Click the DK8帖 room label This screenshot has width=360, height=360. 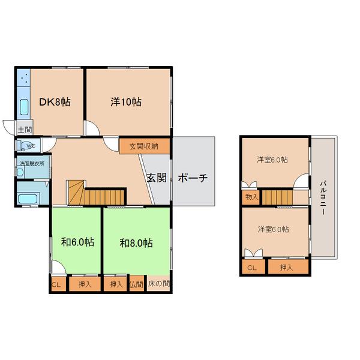(55, 102)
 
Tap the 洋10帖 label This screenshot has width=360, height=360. (126, 102)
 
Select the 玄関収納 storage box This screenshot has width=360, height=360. (145, 146)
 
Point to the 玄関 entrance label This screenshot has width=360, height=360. (157, 178)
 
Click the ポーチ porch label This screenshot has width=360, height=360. (193, 178)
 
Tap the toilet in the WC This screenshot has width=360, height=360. (26, 146)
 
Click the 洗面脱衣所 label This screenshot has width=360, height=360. (32, 164)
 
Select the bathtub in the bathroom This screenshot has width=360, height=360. (28, 199)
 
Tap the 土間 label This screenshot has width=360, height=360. (25, 130)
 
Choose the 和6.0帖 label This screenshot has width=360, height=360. (77, 242)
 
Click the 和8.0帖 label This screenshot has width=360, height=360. (136, 243)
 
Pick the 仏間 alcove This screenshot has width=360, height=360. (137, 284)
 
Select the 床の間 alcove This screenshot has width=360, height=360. (158, 284)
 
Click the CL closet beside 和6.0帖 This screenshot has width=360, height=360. (58, 284)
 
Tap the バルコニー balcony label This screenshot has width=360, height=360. (323, 198)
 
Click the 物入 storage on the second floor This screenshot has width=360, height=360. (251, 197)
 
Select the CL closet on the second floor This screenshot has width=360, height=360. (253, 266)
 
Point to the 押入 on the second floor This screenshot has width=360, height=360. (288, 266)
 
